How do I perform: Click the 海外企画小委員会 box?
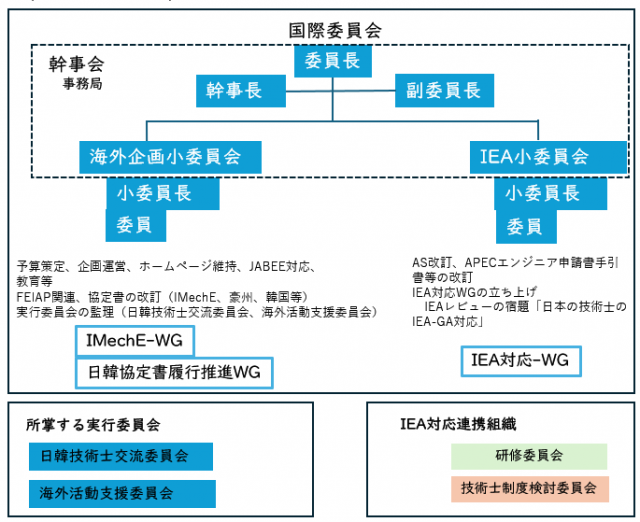[166, 156]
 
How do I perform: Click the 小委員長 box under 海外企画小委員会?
[163, 193]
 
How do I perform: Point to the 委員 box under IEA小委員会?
[525, 225]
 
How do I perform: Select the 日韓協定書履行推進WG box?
[174, 373]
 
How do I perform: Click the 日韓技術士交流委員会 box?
[121, 457]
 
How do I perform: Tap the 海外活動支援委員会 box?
[121, 493]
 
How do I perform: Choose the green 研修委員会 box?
[528, 456]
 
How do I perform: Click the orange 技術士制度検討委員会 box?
[528, 488]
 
